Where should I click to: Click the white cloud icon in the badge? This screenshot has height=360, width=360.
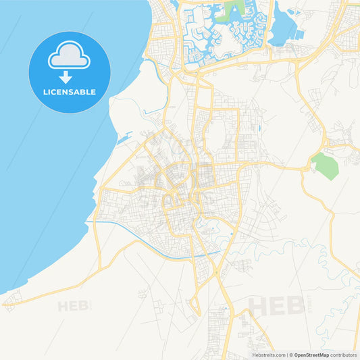point(69,56)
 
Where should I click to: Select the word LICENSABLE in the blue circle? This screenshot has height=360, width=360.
point(69,91)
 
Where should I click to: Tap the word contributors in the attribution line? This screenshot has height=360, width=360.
point(344,355)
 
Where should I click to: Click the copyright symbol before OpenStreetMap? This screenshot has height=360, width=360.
point(290,355)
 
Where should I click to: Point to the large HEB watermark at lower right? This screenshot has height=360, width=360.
point(276,305)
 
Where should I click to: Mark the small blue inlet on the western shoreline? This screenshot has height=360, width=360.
point(124,139)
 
